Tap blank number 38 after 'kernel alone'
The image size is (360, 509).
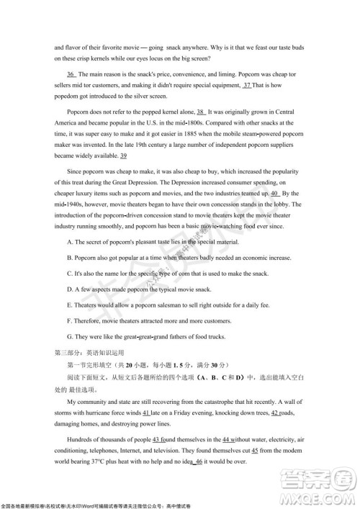click(x=202, y=112)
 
